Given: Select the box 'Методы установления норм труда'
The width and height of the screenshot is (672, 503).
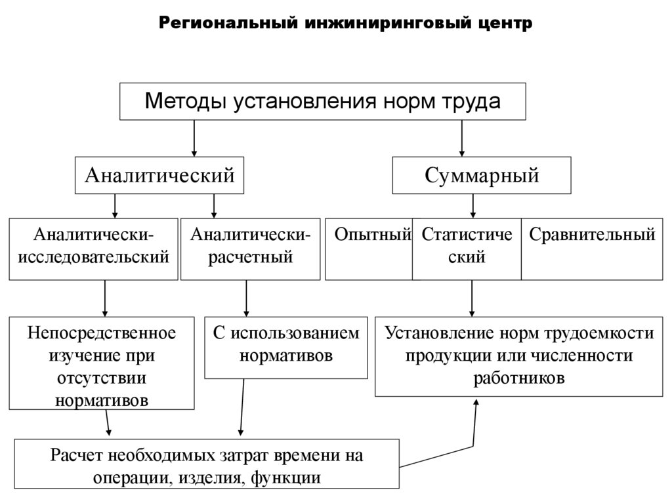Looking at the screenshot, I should (x=322, y=102).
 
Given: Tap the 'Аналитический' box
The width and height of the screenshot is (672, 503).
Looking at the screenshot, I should (x=159, y=175).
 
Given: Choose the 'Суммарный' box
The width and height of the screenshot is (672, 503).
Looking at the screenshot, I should (x=482, y=175).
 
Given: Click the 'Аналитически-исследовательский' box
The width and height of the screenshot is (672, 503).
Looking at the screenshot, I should (x=93, y=248).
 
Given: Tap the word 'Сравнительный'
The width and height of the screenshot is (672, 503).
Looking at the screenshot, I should (x=592, y=235).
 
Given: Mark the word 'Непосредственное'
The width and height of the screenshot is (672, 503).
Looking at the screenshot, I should (x=102, y=333).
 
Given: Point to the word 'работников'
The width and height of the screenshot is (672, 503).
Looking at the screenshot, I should (x=518, y=378).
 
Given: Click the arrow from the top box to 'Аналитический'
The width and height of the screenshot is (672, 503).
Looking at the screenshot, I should (x=194, y=138).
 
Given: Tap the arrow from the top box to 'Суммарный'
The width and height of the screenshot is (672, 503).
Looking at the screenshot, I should (x=462, y=138).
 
